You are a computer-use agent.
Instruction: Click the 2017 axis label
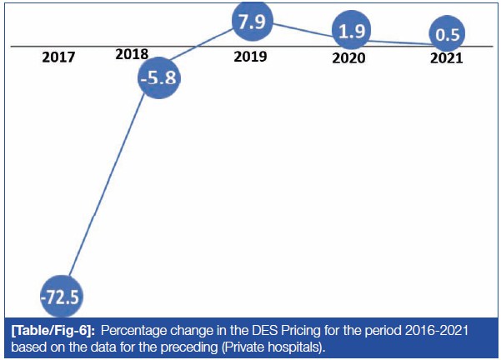point(58,58)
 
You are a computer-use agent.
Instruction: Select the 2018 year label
point(132,53)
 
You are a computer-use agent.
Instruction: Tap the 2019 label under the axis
point(250,59)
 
